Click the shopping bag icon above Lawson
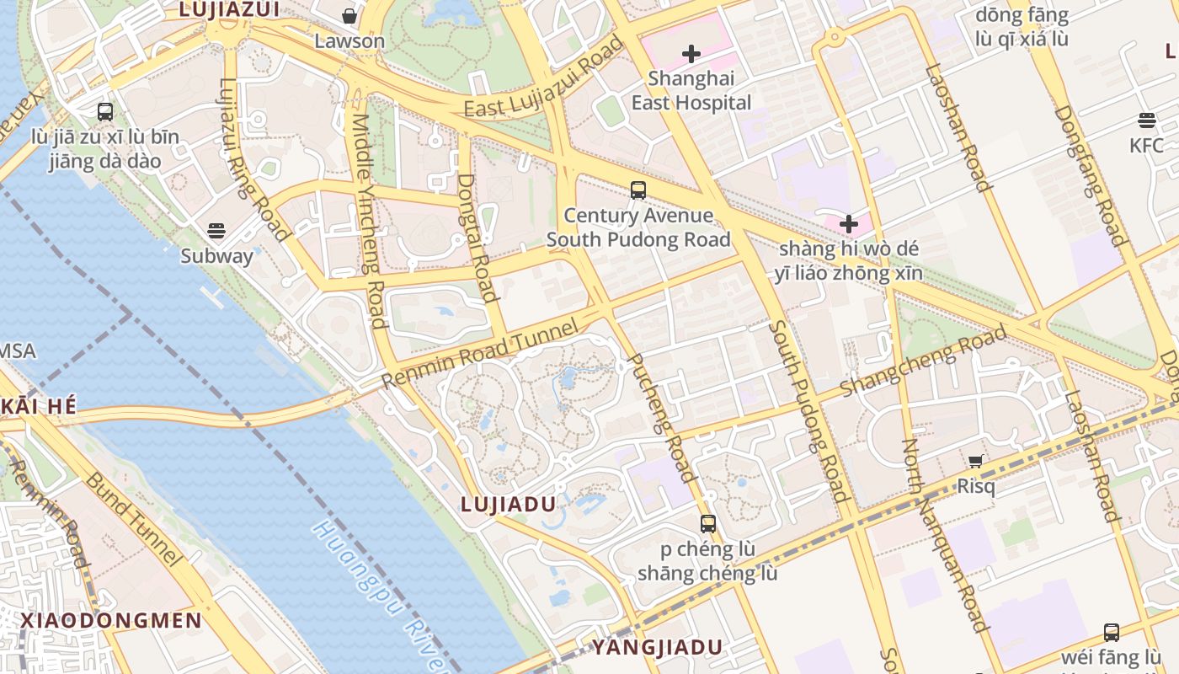tap(349, 16)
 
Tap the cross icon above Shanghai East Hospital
tap(691, 54)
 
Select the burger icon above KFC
tap(1146, 120)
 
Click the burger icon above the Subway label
tap(216, 231)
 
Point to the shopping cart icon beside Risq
tap(976, 461)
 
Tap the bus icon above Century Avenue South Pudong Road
tap(638, 190)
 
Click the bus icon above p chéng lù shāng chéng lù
tap(707, 524)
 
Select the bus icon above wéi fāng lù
tap(1112, 632)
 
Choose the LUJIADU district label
tap(508, 504)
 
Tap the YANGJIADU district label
tap(657, 647)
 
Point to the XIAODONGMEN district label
tap(111, 621)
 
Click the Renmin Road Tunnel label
tap(481, 354)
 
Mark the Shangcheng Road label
tap(924, 360)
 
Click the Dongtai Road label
tap(477, 238)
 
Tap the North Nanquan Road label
tap(944, 535)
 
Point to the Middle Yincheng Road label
tap(369, 221)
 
